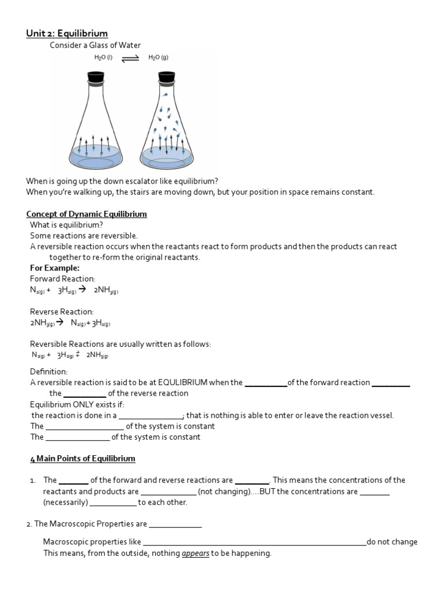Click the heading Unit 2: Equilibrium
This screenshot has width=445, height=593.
coord(67,34)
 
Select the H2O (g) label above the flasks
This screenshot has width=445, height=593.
coord(158,58)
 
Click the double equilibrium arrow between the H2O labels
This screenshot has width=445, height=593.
coord(131,58)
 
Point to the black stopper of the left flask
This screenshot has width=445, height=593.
coord(96,76)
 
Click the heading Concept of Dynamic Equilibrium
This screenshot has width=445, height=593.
coord(88,214)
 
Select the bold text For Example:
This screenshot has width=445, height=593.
coord(54,268)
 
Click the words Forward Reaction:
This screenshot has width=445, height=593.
coord(63,279)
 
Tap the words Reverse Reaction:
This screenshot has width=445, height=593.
coord(61,312)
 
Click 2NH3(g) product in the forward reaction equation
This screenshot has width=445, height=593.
coord(105,290)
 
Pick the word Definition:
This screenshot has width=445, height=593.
coord(49,371)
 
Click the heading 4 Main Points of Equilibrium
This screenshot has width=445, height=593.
coord(82,458)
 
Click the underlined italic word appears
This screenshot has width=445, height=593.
coord(195,553)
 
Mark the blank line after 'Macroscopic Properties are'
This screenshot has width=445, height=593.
coord(176,525)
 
